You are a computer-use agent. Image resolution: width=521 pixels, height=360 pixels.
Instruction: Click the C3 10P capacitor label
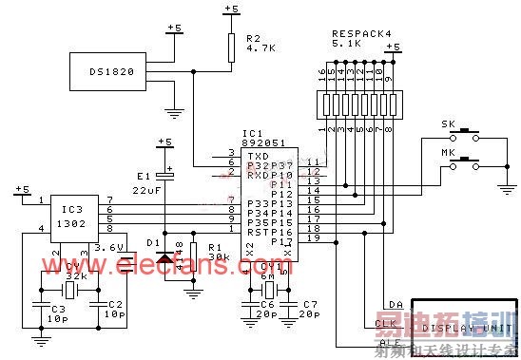click(x=57, y=313)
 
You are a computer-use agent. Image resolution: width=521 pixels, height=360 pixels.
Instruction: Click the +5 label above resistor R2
click(x=230, y=9)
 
